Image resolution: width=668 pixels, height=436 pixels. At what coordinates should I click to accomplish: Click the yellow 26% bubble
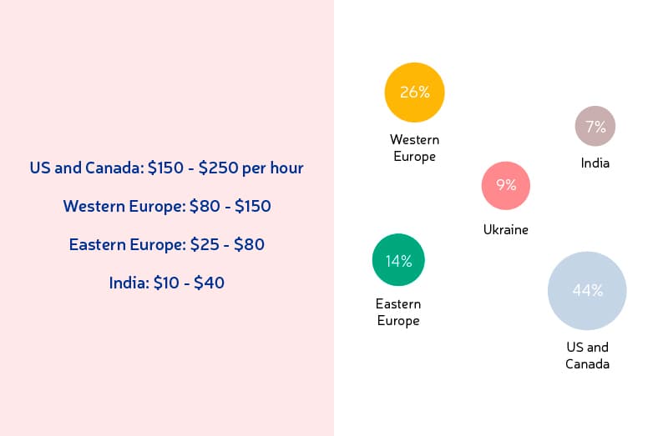(414, 93)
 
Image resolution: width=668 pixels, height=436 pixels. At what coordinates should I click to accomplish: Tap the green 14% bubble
(398, 259)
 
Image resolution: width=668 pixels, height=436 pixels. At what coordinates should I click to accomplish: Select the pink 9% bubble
(506, 185)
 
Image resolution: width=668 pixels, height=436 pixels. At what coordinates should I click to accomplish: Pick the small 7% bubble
(595, 126)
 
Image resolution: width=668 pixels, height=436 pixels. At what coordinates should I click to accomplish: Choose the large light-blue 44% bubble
(587, 290)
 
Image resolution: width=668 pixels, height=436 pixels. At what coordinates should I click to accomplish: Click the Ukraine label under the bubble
(506, 230)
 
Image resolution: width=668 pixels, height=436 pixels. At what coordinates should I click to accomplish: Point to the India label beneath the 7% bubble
(595, 163)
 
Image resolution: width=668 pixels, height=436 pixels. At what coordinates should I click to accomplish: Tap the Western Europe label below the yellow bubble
(414, 148)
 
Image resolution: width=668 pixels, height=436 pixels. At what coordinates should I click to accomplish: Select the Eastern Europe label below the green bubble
(398, 313)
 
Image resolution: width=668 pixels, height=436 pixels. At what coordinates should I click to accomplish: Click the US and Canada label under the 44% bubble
(587, 356)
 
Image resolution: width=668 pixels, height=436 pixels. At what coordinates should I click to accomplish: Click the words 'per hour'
(273, 168)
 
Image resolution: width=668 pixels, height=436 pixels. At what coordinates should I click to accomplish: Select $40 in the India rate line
(210, 283)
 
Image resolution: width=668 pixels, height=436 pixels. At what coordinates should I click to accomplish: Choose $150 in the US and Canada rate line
(165, 168)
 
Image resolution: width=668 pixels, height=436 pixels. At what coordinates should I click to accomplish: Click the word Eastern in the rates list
(97, 244)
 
